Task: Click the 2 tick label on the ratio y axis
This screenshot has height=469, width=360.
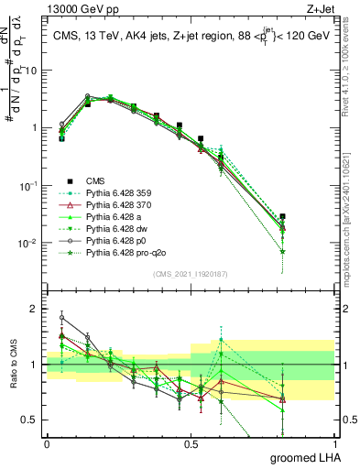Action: [36, 309]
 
